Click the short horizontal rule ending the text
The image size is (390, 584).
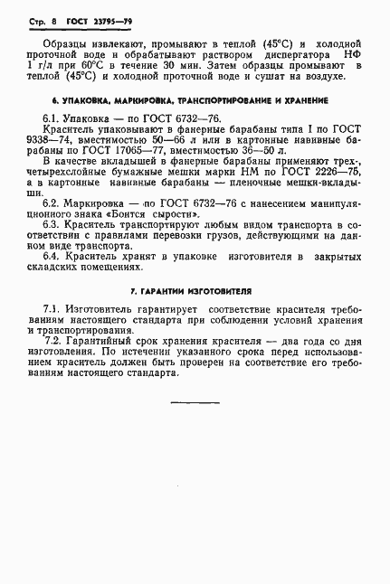(x=195, y=401)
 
